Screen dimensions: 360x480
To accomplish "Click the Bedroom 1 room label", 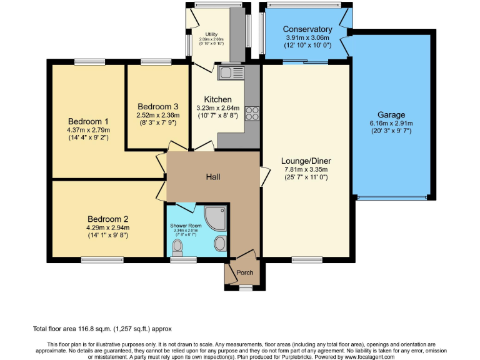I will click(x=88, y=121).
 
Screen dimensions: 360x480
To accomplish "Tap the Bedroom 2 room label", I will click(x=107, y=219).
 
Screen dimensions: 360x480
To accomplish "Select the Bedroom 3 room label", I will click(x=158, y=106).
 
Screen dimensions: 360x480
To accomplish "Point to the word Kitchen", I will click(x=217, y=99).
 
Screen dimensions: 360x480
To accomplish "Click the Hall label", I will click(x=213, y=177).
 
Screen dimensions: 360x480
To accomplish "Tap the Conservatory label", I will click(x=307, y=29).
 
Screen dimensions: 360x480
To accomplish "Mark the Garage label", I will click(x=391, y=115).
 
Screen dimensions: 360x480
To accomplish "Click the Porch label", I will click(x=245, y=272).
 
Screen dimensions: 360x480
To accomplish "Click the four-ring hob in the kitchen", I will click(x=252, y=114).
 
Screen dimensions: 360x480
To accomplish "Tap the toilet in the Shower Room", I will click(x=178, y=248).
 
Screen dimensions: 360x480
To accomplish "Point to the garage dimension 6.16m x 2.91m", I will click(x=391, y=123).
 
